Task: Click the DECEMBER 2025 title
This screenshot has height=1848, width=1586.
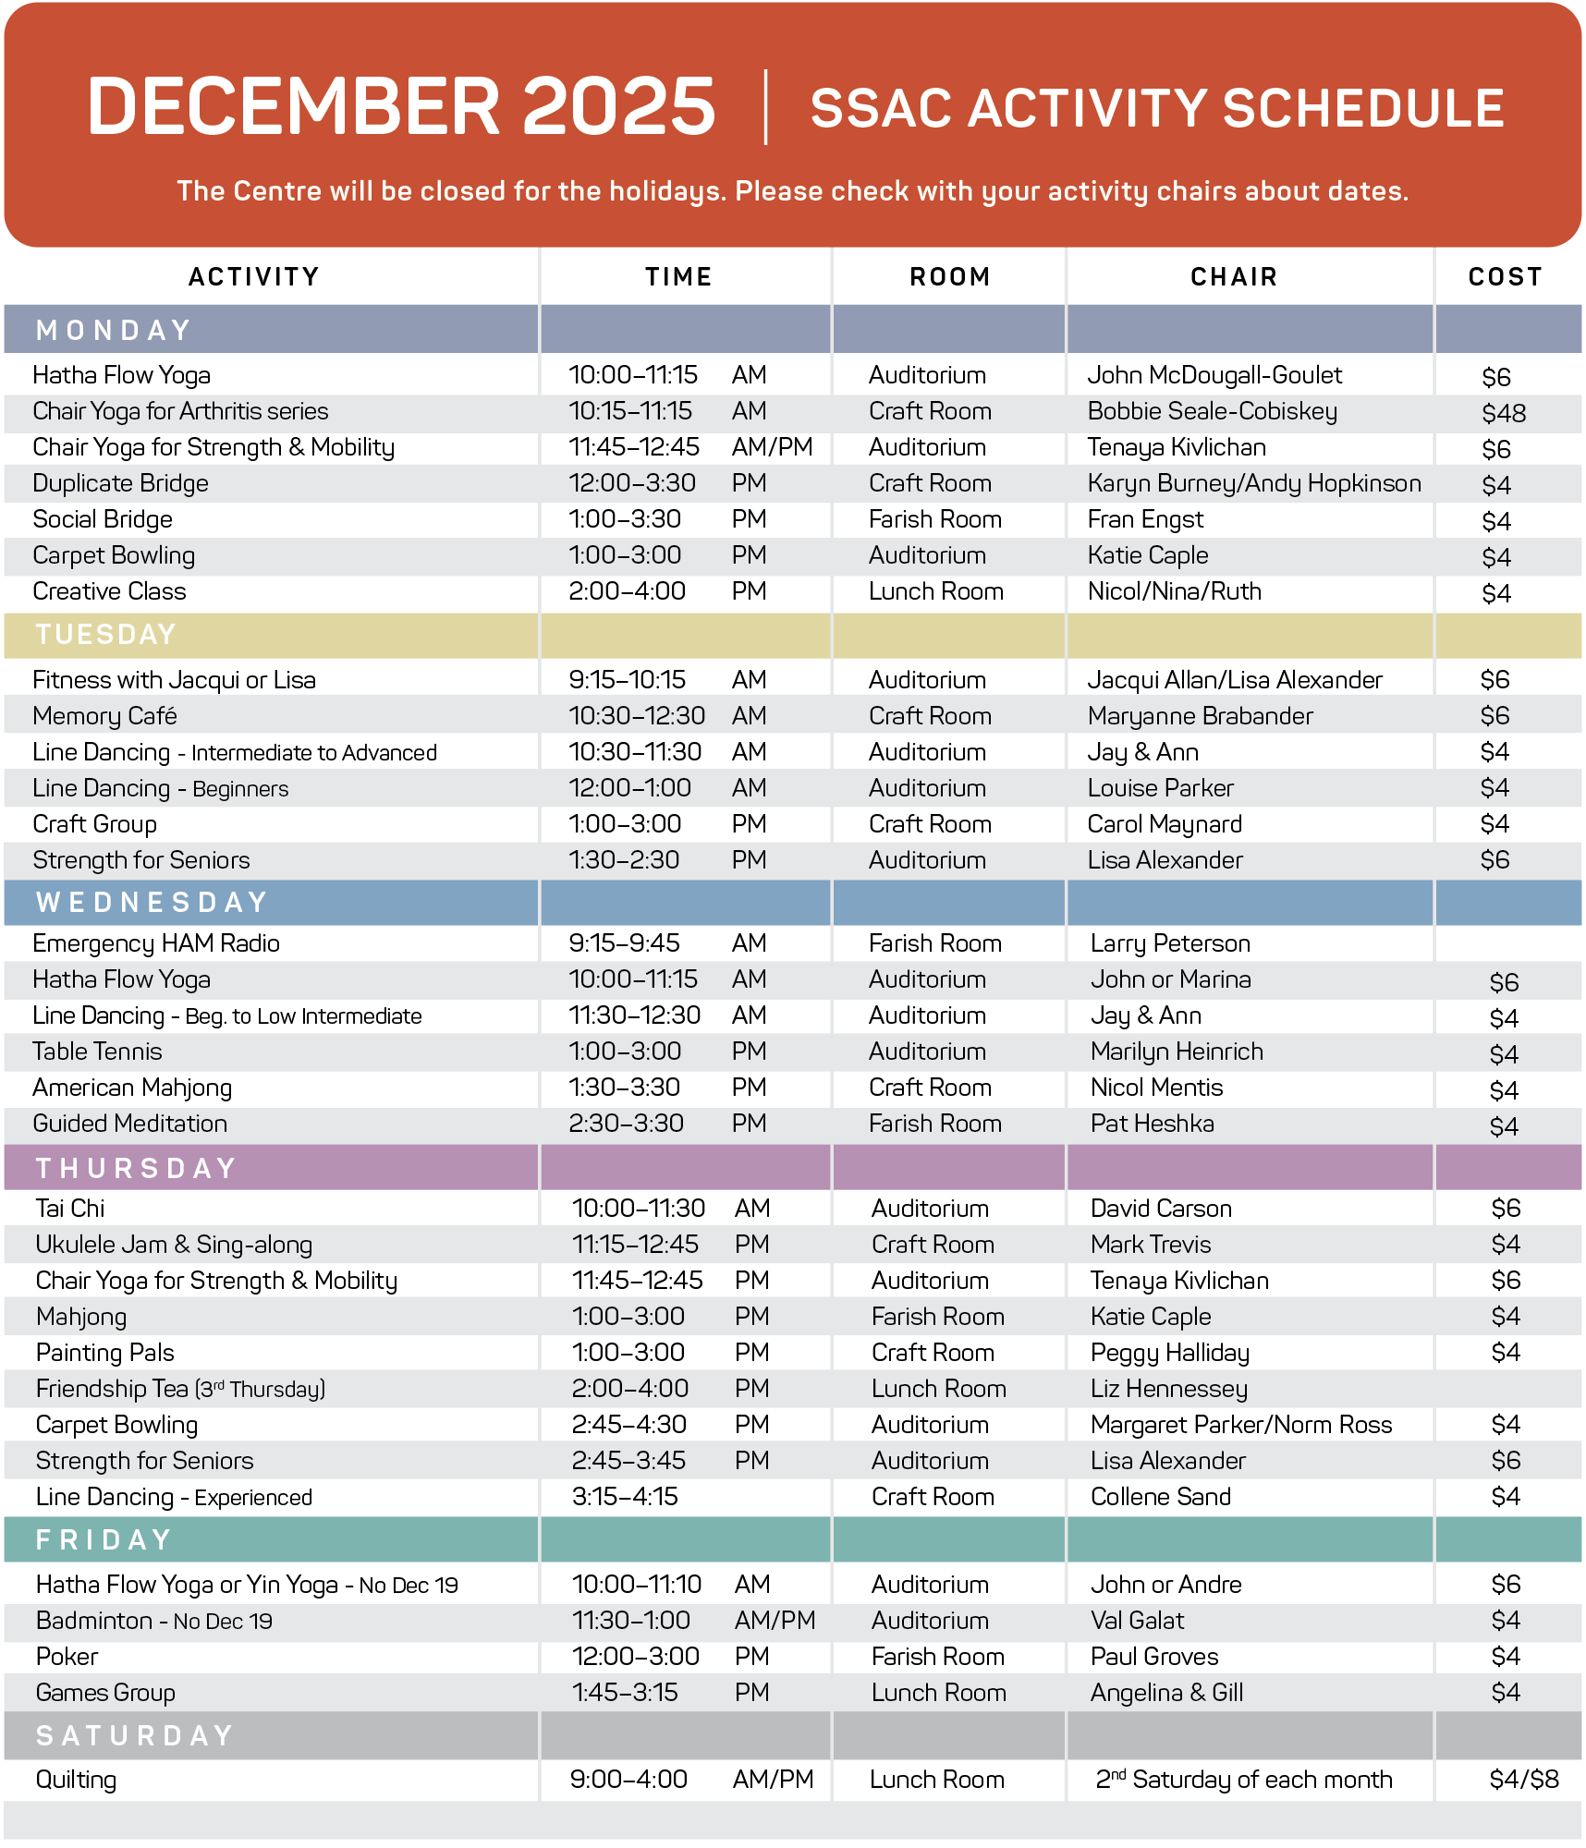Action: coord(401,106)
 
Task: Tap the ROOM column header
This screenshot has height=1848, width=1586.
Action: coord(949,277)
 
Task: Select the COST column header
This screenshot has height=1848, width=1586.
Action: coord(1505,277)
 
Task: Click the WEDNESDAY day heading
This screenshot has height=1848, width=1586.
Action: coord(152,903)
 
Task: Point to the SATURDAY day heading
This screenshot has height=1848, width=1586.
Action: coord(135,1736)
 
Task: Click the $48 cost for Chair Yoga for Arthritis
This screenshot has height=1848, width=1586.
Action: coord(1504,413)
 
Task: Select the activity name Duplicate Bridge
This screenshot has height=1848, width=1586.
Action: coord(120,483)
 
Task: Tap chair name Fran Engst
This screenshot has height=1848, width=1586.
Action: coord(1145,519)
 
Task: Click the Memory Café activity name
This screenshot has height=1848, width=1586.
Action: coord(104,716)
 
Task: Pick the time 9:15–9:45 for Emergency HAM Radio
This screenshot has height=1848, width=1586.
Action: coord(624,943)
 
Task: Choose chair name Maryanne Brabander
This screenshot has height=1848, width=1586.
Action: coord(1200,716)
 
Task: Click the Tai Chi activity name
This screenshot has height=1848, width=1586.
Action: coord(70,1209)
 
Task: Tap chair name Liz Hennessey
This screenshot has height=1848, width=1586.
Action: coord(1168,1389)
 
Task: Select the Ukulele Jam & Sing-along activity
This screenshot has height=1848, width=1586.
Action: coord(174,1245)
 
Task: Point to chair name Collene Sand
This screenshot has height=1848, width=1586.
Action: coord(1160,1497)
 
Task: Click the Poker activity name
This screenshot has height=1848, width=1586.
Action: coord(67,1657)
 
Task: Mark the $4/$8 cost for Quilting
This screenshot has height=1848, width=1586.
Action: coord(1523,1780)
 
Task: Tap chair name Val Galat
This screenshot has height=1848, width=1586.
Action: coord(1137,1621)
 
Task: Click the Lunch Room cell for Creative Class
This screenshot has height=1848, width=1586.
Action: coord(935,591)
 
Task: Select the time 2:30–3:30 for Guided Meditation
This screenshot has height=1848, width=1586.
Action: coord(626,1124)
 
